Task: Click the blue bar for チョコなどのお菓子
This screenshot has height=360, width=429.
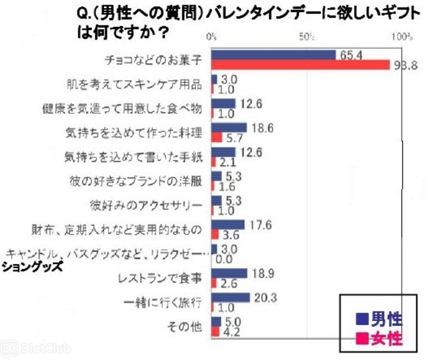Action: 273,55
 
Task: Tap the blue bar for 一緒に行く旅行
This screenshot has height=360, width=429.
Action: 231,298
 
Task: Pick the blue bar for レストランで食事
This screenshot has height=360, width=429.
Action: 229,274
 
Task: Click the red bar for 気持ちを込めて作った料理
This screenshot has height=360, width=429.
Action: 217,137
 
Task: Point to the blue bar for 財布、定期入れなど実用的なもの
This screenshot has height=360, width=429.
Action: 228,225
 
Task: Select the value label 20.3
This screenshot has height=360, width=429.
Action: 263,298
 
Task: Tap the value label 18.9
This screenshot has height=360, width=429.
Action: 261,274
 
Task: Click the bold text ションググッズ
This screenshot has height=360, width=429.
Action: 31,266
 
